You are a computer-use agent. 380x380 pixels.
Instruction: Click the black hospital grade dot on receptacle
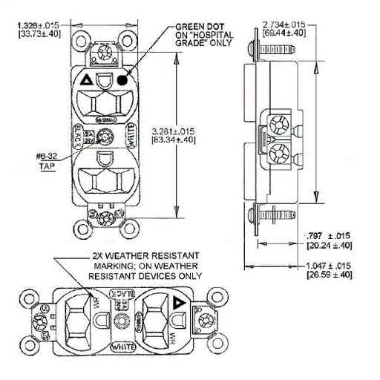click(x=120, y=80)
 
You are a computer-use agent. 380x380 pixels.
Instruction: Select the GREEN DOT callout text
click(x=203, y=33)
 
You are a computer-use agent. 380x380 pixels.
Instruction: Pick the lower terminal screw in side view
click(x=282, y=154)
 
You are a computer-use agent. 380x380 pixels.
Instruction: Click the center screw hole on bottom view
click(x=123, y=324)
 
